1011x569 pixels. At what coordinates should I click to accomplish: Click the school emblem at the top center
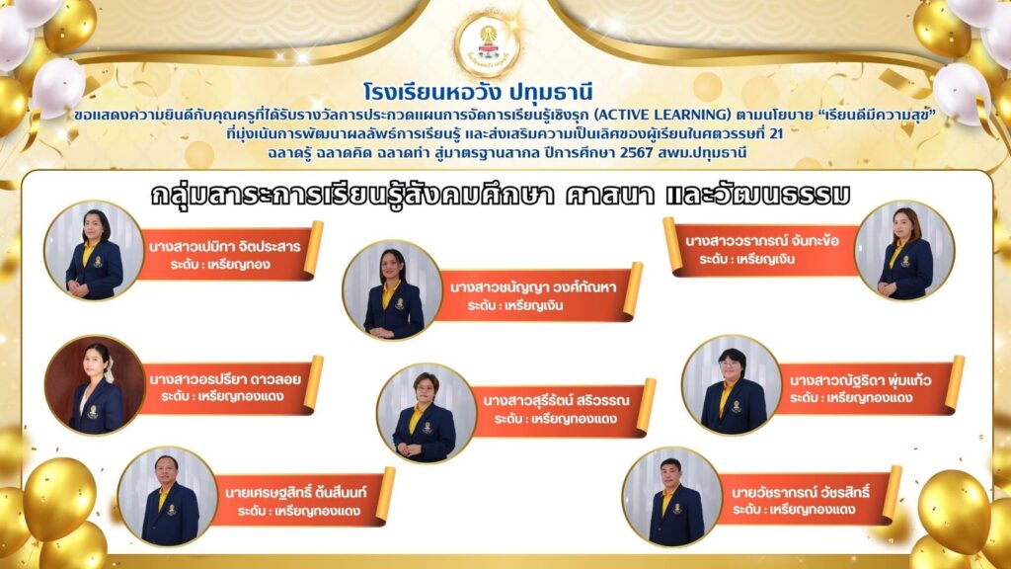[488, 45]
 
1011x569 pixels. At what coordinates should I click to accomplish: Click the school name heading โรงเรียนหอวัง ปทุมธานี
[478, 92]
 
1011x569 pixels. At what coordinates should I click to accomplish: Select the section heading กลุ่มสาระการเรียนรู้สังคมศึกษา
[352, 195]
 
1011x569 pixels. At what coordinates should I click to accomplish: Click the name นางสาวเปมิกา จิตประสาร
[224, 246]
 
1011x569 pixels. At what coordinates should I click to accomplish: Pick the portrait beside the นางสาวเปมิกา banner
[94, 251]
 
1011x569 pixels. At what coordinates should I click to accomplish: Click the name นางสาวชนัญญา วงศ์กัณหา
[533, 287]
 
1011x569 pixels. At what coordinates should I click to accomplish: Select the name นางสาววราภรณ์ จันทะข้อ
[762, 241]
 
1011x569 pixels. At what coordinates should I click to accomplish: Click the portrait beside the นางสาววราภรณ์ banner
[904, 250]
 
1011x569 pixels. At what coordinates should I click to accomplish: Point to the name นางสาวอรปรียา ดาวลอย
[225, 379]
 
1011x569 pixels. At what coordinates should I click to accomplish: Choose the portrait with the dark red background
[95, 384]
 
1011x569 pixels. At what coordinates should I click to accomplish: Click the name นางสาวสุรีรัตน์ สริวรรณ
[556, 401]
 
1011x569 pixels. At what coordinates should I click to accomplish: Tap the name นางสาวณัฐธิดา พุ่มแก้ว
[860, 380]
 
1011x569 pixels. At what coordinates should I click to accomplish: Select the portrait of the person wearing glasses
[732, 384]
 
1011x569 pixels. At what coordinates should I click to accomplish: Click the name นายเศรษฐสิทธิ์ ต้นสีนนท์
[295, 493]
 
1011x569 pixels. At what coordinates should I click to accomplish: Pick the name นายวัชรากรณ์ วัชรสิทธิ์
[800, 492]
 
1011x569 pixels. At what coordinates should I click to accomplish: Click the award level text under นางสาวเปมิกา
[220, 265]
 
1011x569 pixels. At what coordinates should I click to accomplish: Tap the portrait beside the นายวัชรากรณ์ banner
[671, 497]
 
